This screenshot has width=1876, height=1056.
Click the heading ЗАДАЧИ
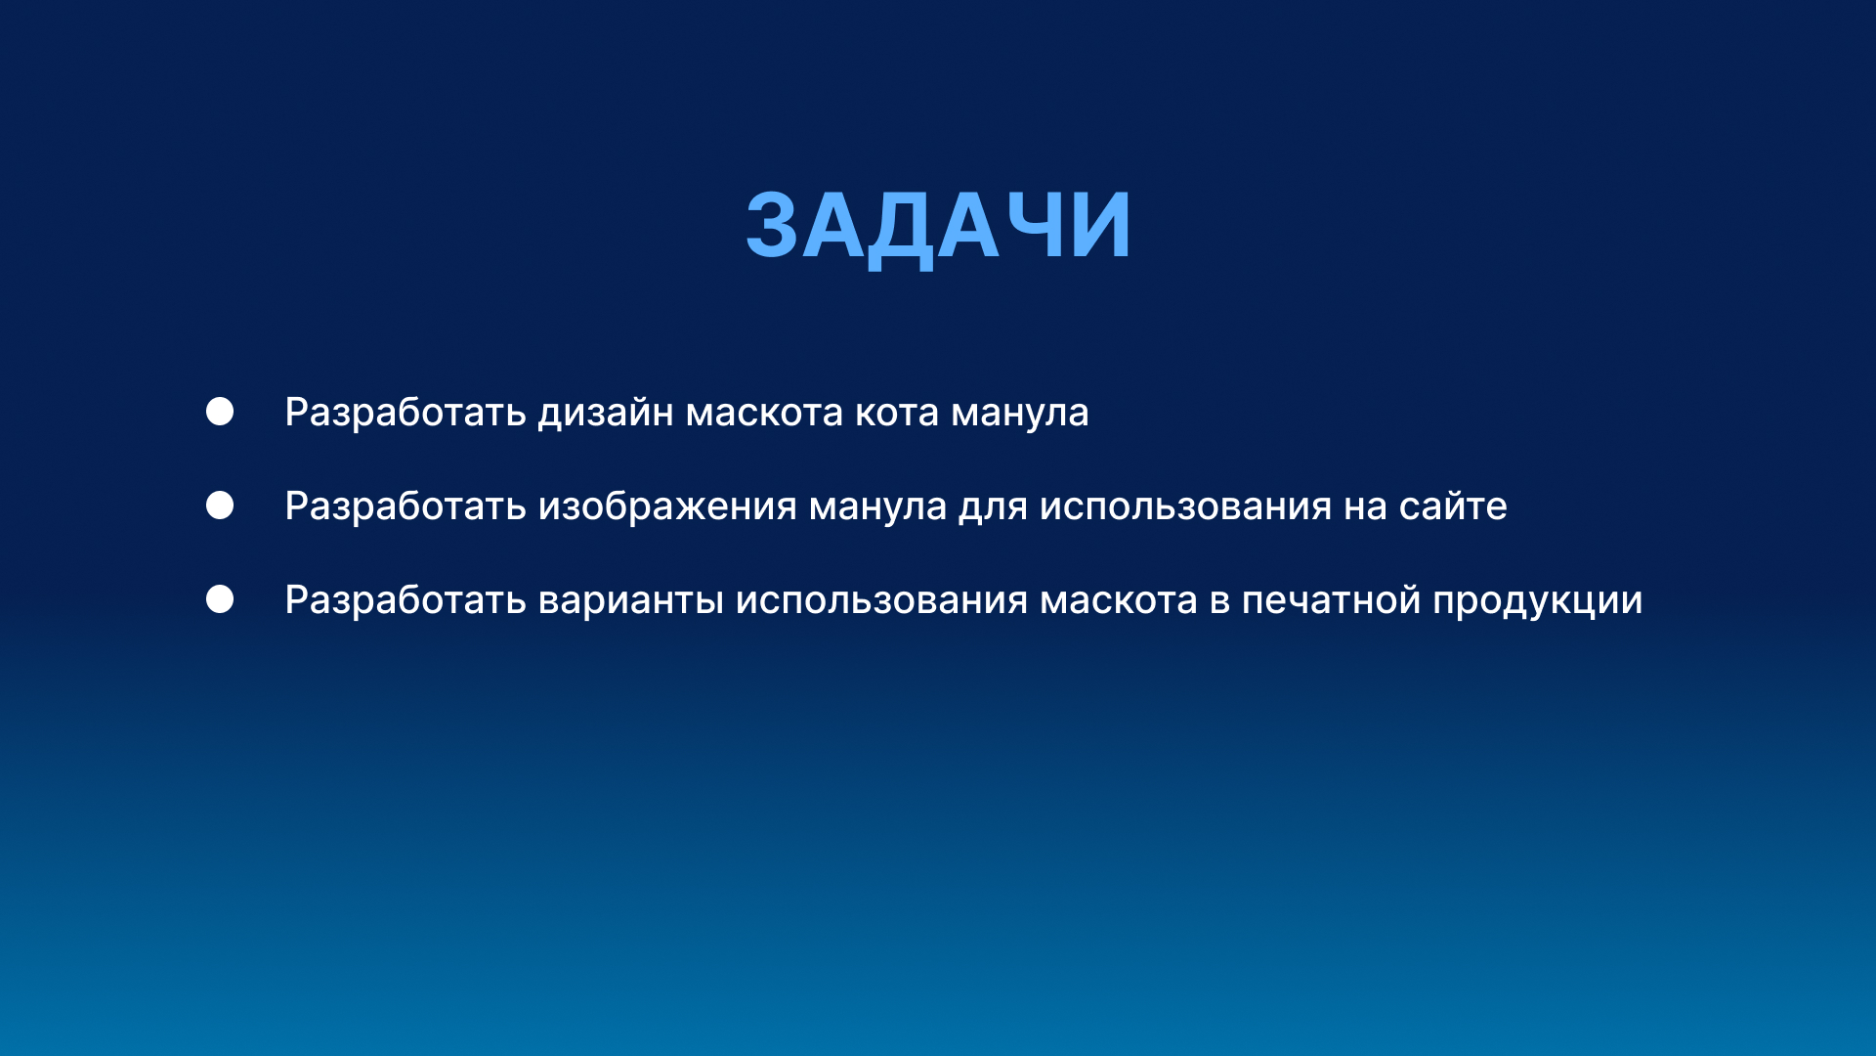pos(938,226)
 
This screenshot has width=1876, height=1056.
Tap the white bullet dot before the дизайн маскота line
pos(220,412)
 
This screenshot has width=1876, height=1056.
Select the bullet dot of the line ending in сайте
pos(220,506)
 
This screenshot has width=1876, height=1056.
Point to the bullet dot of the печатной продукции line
pos(220,599)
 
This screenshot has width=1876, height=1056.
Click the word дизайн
pos(606,413)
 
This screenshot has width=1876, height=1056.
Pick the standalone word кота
pos(896,413)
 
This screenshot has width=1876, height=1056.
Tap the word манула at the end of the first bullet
pos(1019,413)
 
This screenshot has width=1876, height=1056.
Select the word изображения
pos(667,506)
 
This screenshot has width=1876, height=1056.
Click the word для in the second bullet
pos(992,506)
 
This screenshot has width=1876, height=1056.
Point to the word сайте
pos(1452,506)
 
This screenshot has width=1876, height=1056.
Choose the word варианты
pos(630,600)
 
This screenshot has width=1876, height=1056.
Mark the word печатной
pos(1331,600)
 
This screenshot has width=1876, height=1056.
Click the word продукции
pos(1537,600)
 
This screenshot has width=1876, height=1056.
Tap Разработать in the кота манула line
pos(405,413)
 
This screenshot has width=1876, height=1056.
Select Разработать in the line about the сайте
pos(405,506)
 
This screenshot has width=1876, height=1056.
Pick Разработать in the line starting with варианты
pos(405,600)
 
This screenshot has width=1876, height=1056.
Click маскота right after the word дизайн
pos(764,413)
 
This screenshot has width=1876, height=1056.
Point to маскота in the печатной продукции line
pos(1118,600)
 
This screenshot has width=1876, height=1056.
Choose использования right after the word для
pos(1185,506)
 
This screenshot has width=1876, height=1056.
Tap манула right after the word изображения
pos(877,506)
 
